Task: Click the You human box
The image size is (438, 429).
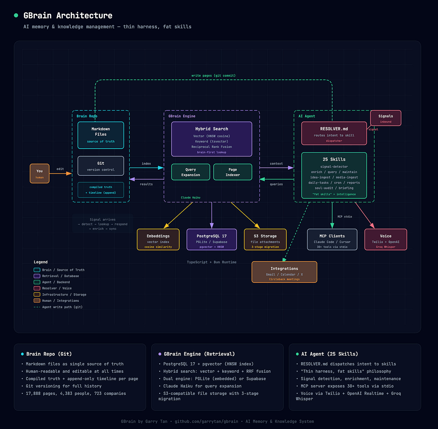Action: click(39, 174)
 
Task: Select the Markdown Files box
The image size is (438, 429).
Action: click(101, 135)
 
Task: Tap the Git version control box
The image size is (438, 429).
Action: click(101, 166)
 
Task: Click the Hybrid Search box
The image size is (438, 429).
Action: click(211, 139)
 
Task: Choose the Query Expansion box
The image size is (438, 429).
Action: click(190, 172)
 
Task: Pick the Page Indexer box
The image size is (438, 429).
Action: click(233, 172)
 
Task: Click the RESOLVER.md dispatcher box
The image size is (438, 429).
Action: click(334, 134)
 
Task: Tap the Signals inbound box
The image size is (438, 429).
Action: click(386, 118)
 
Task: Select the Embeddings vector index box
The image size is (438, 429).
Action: click(158, 240)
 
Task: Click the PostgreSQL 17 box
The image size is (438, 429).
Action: click(211, 240)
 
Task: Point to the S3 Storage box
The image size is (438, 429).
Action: click(265, 240)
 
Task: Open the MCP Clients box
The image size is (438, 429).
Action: click(332, 240)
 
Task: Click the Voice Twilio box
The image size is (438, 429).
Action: click(386, 240)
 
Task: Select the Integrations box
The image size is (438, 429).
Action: click(284, 272)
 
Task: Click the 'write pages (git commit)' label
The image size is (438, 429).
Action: click(213, 76)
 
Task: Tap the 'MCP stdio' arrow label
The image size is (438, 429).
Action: click(344, 217)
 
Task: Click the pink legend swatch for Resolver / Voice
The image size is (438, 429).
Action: click(37, 288)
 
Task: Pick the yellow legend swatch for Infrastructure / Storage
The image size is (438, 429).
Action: click(37, 295)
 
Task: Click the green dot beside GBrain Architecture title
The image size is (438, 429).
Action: click(16, 15)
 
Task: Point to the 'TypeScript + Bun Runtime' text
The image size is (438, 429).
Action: click(211, 262)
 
